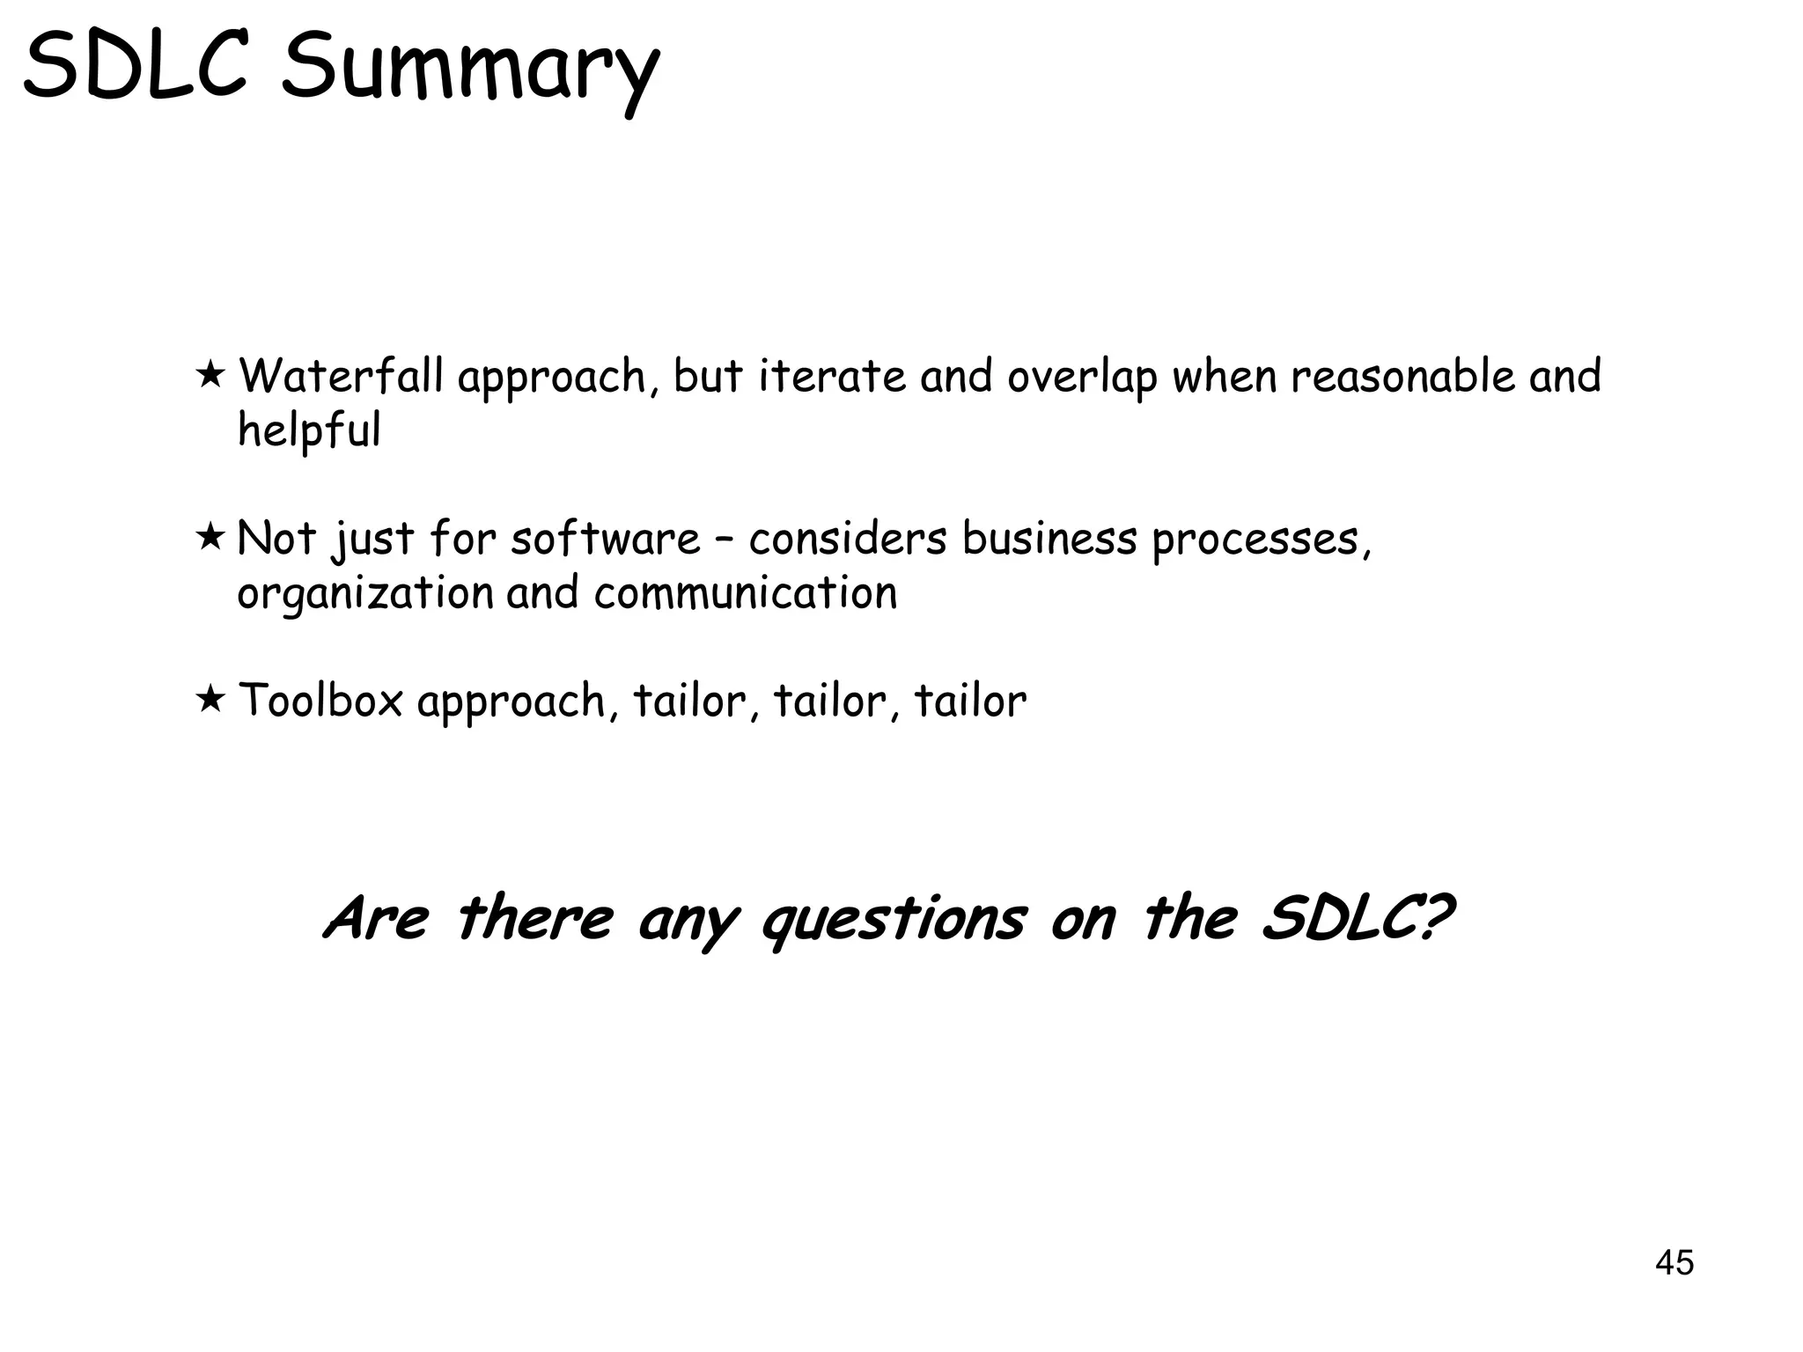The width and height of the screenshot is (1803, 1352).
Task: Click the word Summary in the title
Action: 469,70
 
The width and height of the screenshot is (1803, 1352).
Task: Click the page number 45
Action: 1674,1262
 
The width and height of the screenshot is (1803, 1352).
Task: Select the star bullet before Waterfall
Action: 210,374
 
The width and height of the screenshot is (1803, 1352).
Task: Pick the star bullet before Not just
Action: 210,536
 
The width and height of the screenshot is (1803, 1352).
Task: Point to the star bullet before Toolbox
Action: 210,700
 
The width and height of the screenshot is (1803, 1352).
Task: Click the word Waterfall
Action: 341,376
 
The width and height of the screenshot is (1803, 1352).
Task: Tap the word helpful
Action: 309,430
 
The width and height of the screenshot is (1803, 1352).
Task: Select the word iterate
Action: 831,376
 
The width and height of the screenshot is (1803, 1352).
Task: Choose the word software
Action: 605,538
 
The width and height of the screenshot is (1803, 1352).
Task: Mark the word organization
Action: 364,593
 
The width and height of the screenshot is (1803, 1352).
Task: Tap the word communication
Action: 745,592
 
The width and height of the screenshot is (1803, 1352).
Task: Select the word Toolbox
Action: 320,701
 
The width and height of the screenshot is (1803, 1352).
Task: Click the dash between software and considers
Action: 724,539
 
